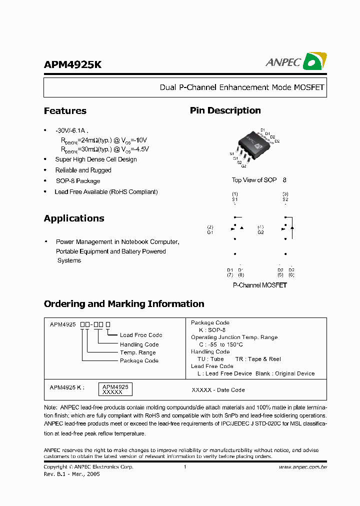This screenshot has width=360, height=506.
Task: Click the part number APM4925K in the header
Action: tap(72, 65)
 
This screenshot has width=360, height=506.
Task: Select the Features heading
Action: tap(65, 111)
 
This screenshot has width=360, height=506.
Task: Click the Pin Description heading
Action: tap(225, 110)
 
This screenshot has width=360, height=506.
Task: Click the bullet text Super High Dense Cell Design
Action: tap(96, 159)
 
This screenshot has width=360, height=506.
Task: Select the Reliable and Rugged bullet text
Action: tap(83, 170)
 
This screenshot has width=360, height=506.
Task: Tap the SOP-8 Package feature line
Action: tap(78, 181)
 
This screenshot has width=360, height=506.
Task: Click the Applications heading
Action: tap(74, 218)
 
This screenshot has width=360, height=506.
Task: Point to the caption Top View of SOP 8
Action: tap(259, 180)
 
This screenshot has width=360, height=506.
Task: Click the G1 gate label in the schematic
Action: tap(210, 232)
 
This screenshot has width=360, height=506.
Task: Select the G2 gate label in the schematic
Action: tap(260, 232)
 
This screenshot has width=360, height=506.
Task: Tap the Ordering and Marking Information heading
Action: tap(124, 304)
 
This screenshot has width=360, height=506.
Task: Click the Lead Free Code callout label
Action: tap(141, 335)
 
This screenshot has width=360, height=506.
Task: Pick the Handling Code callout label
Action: tap(139, 344)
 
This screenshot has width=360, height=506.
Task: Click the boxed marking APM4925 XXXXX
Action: tap(115, 389)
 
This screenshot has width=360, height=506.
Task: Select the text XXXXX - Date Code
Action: tap(218, 390)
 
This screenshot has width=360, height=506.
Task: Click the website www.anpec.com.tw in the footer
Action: tap(302, 467)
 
